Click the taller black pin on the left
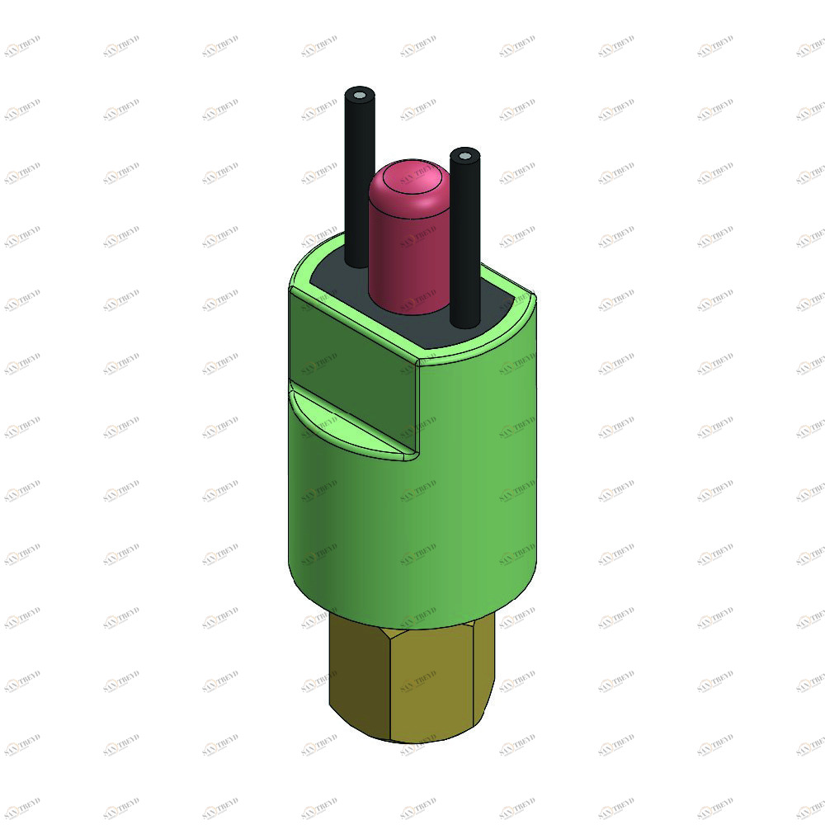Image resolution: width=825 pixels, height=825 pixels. coord(359,181)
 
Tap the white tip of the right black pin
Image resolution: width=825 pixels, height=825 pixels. coord(465,155)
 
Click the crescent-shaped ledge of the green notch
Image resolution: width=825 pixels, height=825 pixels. coord(346,421)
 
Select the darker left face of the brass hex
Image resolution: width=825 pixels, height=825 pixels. coord(359,676)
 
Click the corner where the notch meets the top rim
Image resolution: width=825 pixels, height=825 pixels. coord(417,361)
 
